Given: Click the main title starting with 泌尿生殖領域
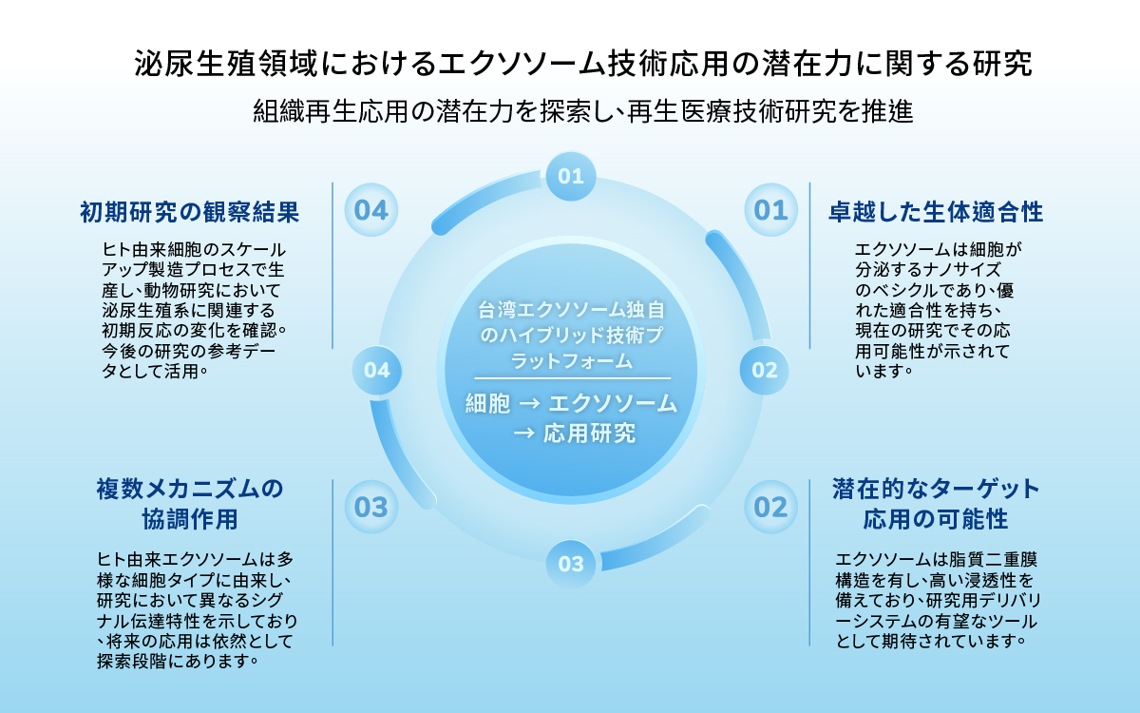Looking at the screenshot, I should (x=582, y=65).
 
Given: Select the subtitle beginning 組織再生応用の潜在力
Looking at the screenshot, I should (x=582, y=112).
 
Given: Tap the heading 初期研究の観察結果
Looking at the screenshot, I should (x=190, y=213).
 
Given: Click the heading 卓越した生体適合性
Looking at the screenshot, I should (x=936, y=213).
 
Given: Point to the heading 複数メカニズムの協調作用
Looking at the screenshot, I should (x=190, y=505).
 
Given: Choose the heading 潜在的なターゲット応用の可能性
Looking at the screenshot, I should (x=936, y=505).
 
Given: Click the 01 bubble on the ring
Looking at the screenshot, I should (x=570, y=176).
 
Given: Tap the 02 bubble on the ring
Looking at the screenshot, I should (x=764, y=370).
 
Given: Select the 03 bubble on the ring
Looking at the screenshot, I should (x=570, y=564).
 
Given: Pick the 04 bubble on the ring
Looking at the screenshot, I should (x=376, y=370).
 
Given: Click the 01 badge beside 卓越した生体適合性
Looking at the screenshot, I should (x=770, y=210).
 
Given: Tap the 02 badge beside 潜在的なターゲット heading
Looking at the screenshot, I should (x=770, y=507).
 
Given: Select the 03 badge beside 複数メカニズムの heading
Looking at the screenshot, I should (x=371, y=507).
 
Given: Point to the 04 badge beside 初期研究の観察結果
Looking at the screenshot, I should (x=371, y=210).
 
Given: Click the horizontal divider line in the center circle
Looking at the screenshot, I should (x=571, y=378).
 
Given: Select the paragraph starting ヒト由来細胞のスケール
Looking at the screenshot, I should (x=194, y=310).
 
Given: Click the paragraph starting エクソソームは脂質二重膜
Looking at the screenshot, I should (x=936, y=598).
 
